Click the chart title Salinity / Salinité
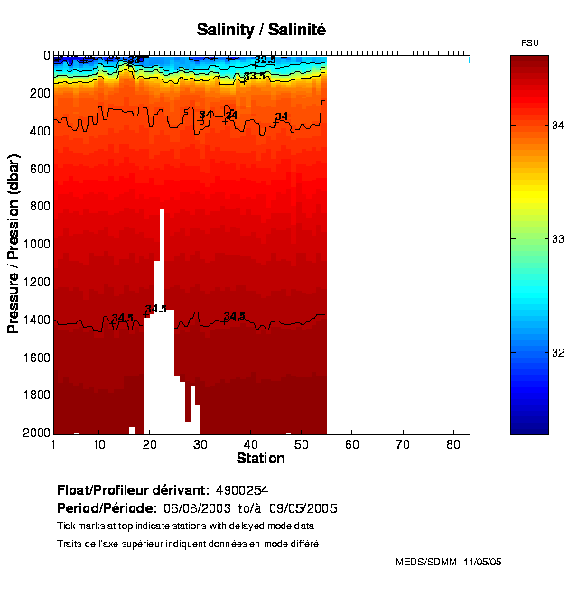(261, 30)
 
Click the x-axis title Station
(260, 459)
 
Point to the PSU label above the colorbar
(530, 43)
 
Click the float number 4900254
(242, 490)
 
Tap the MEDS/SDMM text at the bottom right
(426, 562)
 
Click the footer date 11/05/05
(482, 562)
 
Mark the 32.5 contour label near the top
(265, 60)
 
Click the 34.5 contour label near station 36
(234, 316)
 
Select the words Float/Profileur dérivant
(133, 490)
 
